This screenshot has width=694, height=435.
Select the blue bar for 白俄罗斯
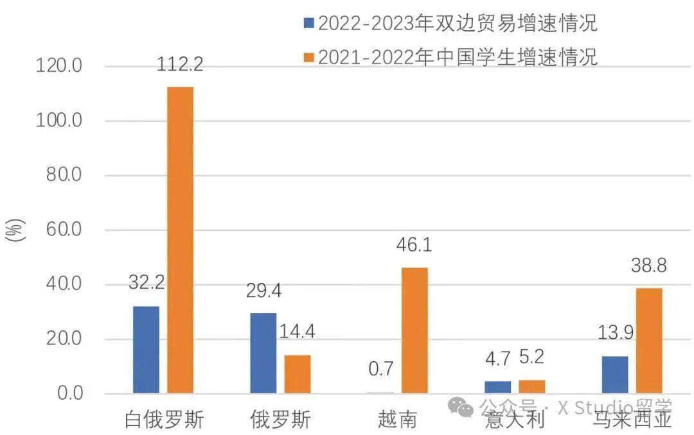(x=146, y=350)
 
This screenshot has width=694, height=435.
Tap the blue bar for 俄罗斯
(x=263, y=353)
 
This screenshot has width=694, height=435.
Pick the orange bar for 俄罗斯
(x=298, y=373)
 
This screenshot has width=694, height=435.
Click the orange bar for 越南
(x=414, y=330)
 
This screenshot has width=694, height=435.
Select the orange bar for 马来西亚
(x=649, y=340)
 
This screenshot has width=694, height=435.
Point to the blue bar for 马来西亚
(x=615, y=374)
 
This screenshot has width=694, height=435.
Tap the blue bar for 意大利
(x=498, y=387)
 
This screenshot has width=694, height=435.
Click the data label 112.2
(x=180, y=64)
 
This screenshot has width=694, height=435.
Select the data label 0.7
(x=381, y=370)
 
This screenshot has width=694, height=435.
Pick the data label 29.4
(x=263, y=291)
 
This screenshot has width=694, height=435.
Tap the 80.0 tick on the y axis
(x=65, y=175)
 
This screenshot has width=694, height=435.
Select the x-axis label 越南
(x=398, y=420)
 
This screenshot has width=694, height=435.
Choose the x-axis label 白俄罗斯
(x=164, y=420)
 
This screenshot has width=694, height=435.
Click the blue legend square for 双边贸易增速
(x=308, y=24)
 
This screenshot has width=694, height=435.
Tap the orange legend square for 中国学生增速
(x=308, y=57)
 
